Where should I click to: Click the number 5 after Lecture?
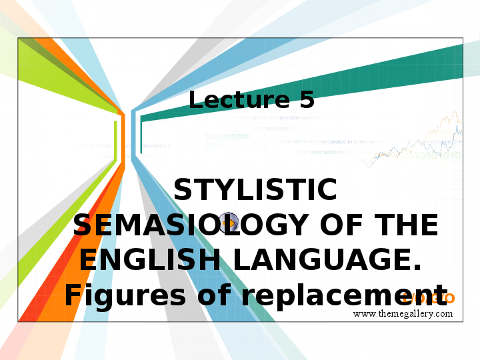(307, 100)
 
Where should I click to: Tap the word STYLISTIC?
(255, 191)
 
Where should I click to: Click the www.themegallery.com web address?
(403, 313)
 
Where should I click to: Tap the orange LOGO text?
(434, 297)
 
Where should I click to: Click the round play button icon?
(229, 223)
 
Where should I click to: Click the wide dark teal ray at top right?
(373, 80)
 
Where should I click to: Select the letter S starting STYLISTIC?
(183, 191)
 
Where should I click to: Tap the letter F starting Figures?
(73, 295)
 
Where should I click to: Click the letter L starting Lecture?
(196, 100)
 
